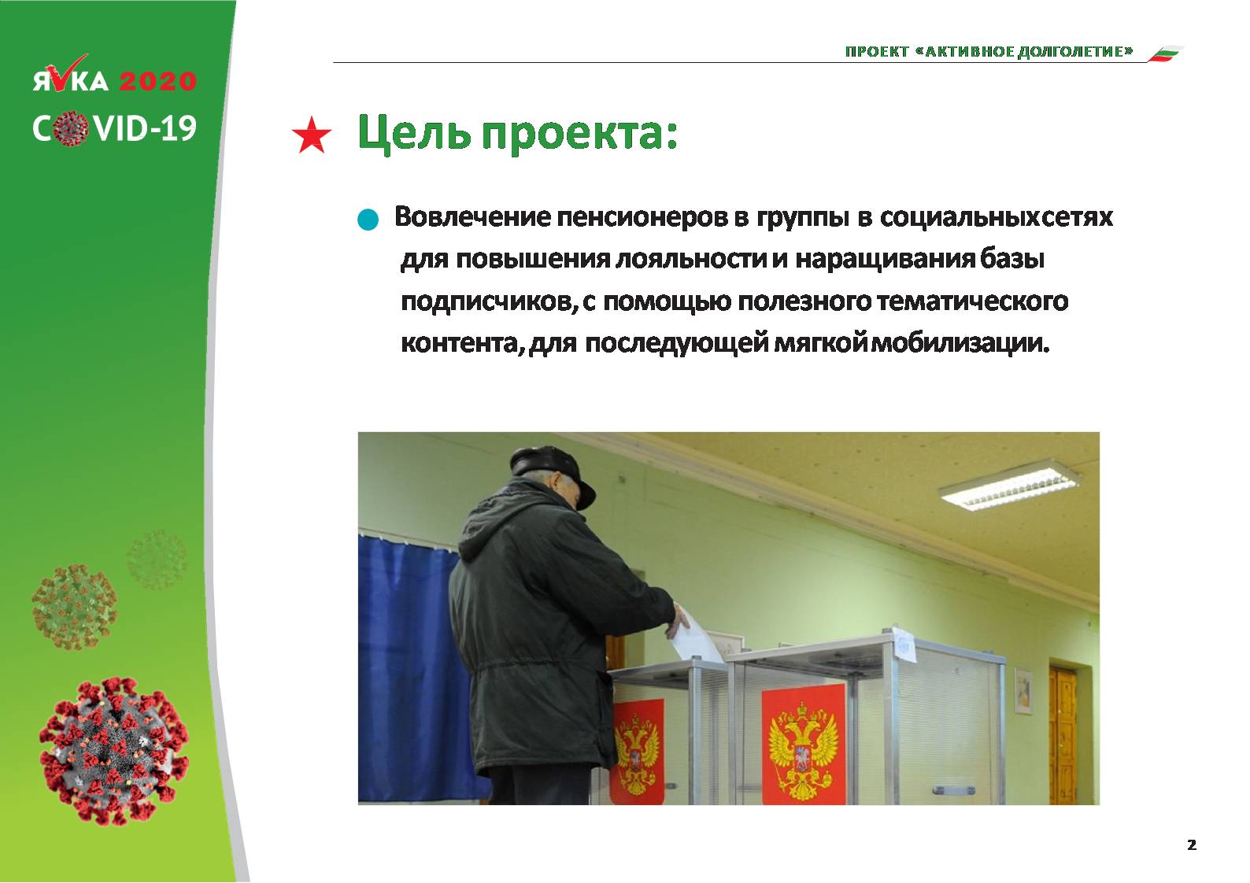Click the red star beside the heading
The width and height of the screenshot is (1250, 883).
(312, 135)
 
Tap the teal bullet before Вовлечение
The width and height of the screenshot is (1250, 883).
(368, 220)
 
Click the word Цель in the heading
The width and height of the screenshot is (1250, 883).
(413, 133)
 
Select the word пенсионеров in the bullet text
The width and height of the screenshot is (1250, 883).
(642, 217)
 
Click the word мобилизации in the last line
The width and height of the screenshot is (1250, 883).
(960, 343)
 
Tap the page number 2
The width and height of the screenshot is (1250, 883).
(1192, 845)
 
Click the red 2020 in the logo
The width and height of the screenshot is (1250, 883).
(157, 81)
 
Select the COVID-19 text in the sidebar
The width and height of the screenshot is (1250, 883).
(114, 128)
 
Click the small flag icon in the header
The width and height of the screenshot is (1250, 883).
(1165, 54)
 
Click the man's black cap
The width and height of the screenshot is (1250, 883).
(551, 474)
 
